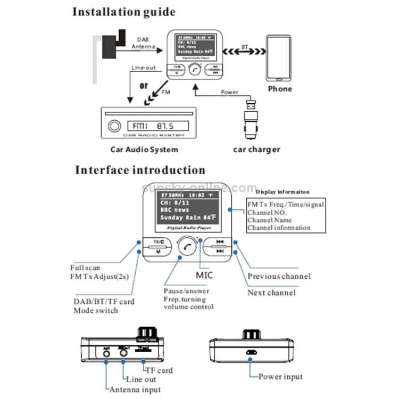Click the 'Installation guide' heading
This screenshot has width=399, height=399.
click(x=123, y=12)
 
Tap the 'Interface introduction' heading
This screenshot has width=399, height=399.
click(x=140, y=170)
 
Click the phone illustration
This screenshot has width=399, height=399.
click(x=279, y=57)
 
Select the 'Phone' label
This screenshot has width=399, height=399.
click(x=280, y=89)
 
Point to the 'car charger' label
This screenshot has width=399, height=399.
click(x=256, y=149)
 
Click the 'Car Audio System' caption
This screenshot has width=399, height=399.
click(x=144, y=149)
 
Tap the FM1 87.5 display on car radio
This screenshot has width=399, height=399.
click(x=158, y=127)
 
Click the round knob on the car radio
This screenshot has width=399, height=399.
click(x=113, y=127)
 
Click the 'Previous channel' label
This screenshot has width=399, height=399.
click(x=279, y=276)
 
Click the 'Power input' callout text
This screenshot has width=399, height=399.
click(x=280, y=377)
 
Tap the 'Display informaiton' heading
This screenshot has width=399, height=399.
click(x=282, y=192)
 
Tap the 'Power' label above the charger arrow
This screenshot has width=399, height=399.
click(x=229, y=92)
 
